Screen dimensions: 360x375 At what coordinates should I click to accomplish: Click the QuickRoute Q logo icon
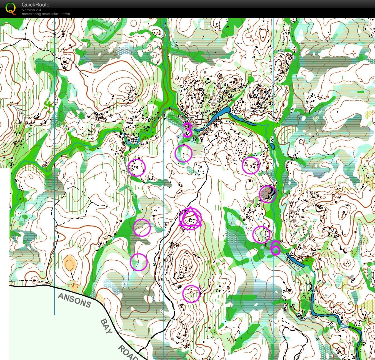[x=11, y=8]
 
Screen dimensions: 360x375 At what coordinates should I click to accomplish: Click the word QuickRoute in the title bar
[x=35, y=5]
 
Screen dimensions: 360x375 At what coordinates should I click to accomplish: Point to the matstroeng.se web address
[x=46, y=14]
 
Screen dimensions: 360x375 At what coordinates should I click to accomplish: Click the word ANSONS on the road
[x=74, y=301]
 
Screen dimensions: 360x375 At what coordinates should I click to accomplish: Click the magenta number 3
[x=188, y=130]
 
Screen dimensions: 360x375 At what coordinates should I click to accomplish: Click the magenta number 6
[x=275, y=248]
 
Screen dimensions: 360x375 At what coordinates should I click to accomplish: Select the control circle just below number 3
[x=183, y=153]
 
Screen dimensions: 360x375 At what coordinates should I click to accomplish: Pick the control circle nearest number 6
[x=261, y=235]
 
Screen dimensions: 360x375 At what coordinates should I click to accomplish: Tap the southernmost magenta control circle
[x=191, y=294]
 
